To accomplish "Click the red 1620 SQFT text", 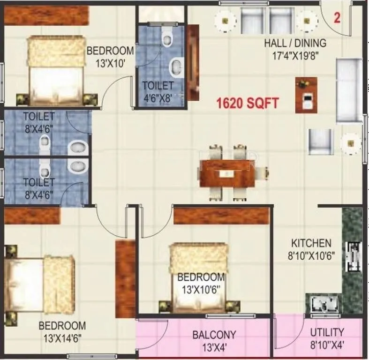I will [248, 102].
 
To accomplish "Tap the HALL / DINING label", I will [295, 44].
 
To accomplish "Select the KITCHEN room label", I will [311, 243].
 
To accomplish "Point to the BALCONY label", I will [214, 335].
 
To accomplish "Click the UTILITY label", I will [327, 332].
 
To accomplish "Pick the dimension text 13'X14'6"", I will [62, 337].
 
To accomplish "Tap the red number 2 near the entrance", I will [337, 18].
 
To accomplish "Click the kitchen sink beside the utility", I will [323, 303].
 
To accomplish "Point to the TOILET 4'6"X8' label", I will [158, 92].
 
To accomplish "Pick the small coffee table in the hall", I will [306, 95].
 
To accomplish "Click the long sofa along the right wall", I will [349, 90].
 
